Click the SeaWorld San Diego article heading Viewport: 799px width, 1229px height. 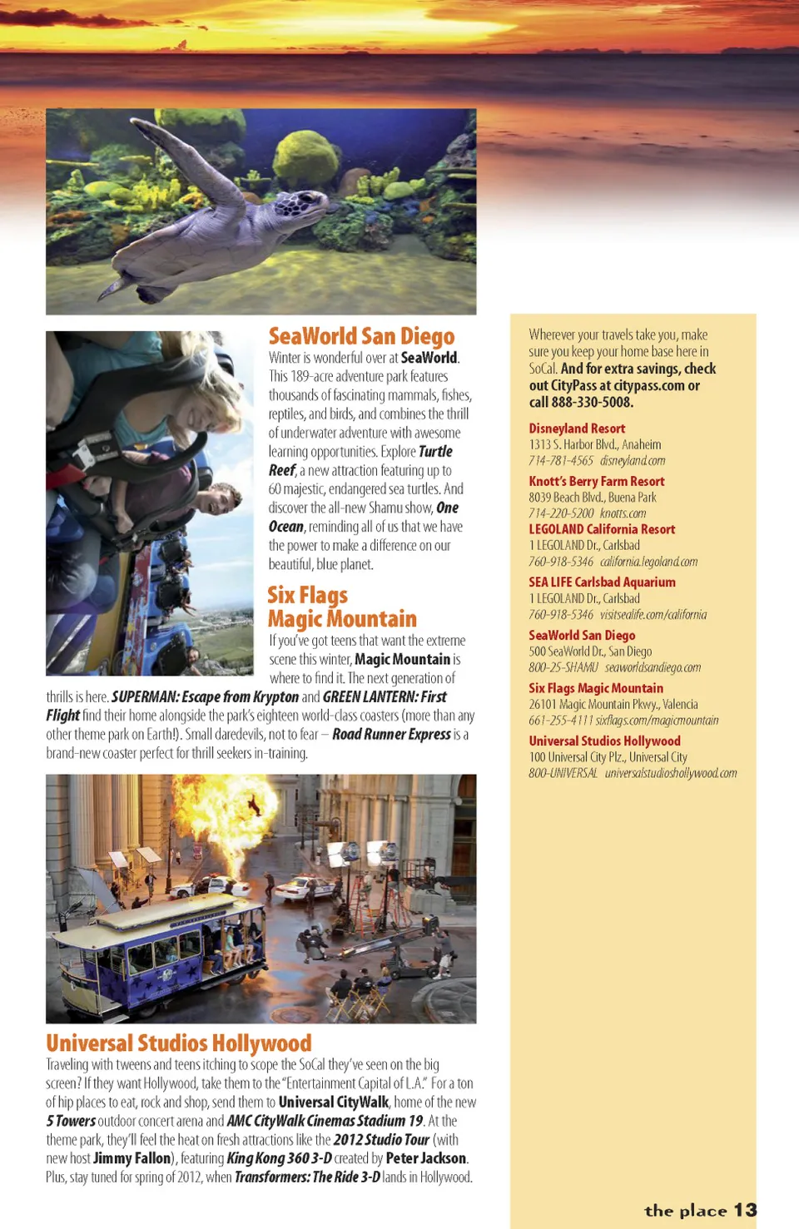[x=361, y=336]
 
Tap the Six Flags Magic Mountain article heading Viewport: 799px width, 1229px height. [x=341, y=607]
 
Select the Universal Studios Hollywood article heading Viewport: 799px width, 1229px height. [x=179, y=1043]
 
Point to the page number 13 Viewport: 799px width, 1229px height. [x=745, y=1210]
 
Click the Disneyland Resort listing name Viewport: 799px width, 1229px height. [x=577, y=429]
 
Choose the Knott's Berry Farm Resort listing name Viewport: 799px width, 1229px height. [x=596, y=481]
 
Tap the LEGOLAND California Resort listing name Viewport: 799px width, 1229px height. [x=601, y=529]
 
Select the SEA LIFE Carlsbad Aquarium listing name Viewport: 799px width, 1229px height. [x=602, y=582]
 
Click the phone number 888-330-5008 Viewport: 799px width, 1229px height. [x=592, y=402]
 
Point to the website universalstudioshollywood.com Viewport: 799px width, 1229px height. [x=670, y=773]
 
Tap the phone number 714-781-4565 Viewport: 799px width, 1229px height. [x=560, y=461]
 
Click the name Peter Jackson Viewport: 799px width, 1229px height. [x=425, y=1158]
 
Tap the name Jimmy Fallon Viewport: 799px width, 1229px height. [x=132, y=1158]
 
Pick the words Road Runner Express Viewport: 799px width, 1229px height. [x=391, y=734]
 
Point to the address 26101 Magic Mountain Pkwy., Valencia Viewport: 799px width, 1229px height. [x=613, y=704]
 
